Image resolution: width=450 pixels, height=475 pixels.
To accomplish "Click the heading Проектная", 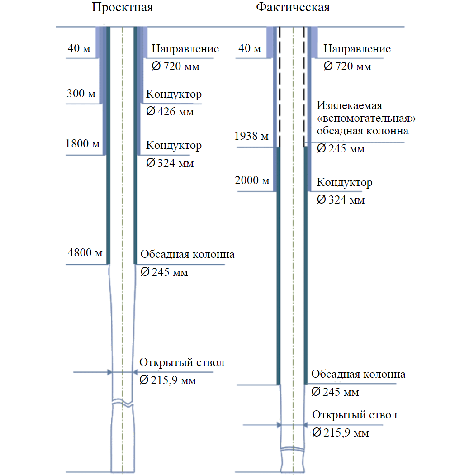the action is click(x=123, y=8).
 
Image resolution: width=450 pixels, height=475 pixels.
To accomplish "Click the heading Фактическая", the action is click(x=293, y=7).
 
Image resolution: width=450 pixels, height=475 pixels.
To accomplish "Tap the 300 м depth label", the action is click(x=81, y=93).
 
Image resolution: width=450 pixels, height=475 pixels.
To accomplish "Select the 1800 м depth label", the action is click(x=82, y=143).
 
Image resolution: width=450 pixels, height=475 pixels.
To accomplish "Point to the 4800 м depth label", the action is click(x=85, y=252).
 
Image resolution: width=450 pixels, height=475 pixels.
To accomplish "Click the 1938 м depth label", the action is click(x=251, y=136).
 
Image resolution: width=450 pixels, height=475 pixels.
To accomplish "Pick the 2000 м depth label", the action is click(x=252, y=180).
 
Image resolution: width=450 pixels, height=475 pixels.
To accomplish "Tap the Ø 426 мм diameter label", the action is click(x=170, y=111).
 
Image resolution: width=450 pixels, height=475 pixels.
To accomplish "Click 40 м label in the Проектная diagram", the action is click(x=79, y=48).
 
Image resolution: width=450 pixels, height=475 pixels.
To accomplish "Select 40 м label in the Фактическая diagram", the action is click(x=250, y=48).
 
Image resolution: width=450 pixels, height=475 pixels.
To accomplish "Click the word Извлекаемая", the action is click(x=350, y=105).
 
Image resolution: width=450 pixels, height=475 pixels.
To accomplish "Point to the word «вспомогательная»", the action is click(x=366, y=118).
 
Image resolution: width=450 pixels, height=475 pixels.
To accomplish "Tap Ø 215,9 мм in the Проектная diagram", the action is click(x=168, y=380).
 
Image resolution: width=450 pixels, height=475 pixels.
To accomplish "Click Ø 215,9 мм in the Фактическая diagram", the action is click(x=341, y=432).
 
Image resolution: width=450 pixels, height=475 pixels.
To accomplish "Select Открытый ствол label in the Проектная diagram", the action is click(x=182, y=362).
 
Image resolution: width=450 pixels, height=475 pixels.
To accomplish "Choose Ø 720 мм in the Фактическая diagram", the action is click(x=347, y=66).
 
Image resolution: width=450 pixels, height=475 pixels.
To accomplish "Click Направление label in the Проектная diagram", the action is click(x=185, y=49).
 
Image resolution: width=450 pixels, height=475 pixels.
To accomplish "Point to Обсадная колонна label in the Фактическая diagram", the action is click(x=358, y=374).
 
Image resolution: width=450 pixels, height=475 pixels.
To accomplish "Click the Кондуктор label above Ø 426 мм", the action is click(x=174, y=94).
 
